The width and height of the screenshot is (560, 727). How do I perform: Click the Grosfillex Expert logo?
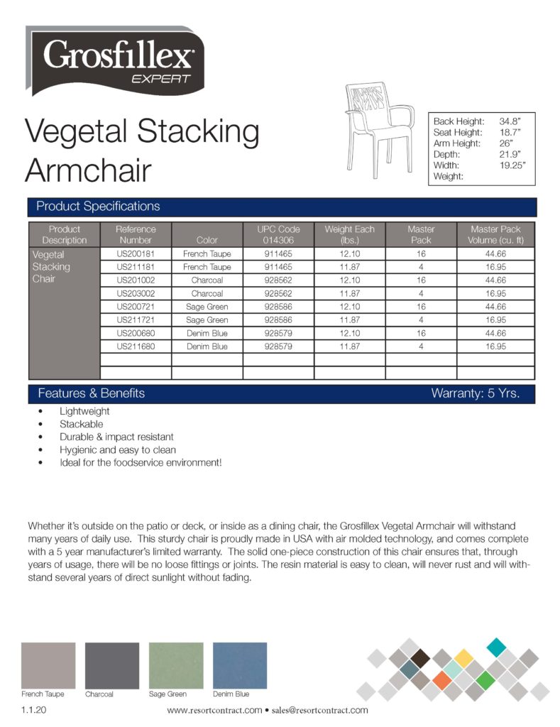(x=115, y=60)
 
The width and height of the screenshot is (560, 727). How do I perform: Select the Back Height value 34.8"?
(x=510, y=121)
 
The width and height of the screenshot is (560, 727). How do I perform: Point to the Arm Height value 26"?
(x=506, y=143)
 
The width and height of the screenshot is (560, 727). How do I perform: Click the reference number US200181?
(x=136, y=253)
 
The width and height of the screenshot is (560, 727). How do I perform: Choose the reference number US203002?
(x=136, y=293)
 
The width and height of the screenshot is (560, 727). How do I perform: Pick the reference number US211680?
(x=136, y=346)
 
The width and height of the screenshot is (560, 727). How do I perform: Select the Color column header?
(x=207, y=240)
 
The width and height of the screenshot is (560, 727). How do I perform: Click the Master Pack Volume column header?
(x=495, y=234)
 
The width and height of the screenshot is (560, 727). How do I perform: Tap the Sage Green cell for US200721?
(x=207, y=307)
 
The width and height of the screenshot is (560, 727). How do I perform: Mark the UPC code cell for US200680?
(x=278, y=333)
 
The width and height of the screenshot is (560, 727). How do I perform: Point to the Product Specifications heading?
(x=98, y=207)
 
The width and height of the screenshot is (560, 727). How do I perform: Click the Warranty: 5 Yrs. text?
(x=475, y=393)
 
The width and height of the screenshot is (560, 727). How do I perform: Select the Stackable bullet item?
(x=81, y=424)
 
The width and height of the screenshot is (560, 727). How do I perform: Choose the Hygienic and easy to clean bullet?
(x=118, y=449)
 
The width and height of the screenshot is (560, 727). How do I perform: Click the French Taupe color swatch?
(x=48, y=665)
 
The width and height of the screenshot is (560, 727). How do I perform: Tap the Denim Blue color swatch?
(x=240, y=665)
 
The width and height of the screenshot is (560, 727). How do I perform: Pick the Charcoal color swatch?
(x=112, y=665)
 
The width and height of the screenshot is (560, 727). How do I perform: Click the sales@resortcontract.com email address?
(x=320, y=710)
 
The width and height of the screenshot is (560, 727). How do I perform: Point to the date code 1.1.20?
(x=34, y=710)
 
